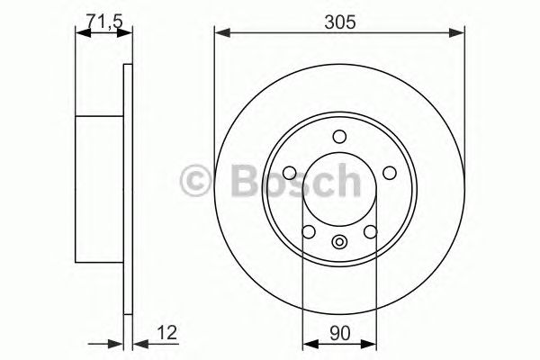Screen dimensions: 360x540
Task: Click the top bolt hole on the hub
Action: (x=339, y=137)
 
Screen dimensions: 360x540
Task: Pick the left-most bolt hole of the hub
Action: (x=289, y=174)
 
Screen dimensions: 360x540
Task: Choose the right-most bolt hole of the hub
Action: (x=390, y=174)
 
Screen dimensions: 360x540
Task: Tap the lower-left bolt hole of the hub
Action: (x=309, y=233)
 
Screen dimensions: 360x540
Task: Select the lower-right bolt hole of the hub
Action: (x=370, y=233)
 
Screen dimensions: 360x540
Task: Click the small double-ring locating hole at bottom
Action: (x=339, y=241)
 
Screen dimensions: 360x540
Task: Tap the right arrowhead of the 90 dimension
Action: (x=370, y=342)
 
